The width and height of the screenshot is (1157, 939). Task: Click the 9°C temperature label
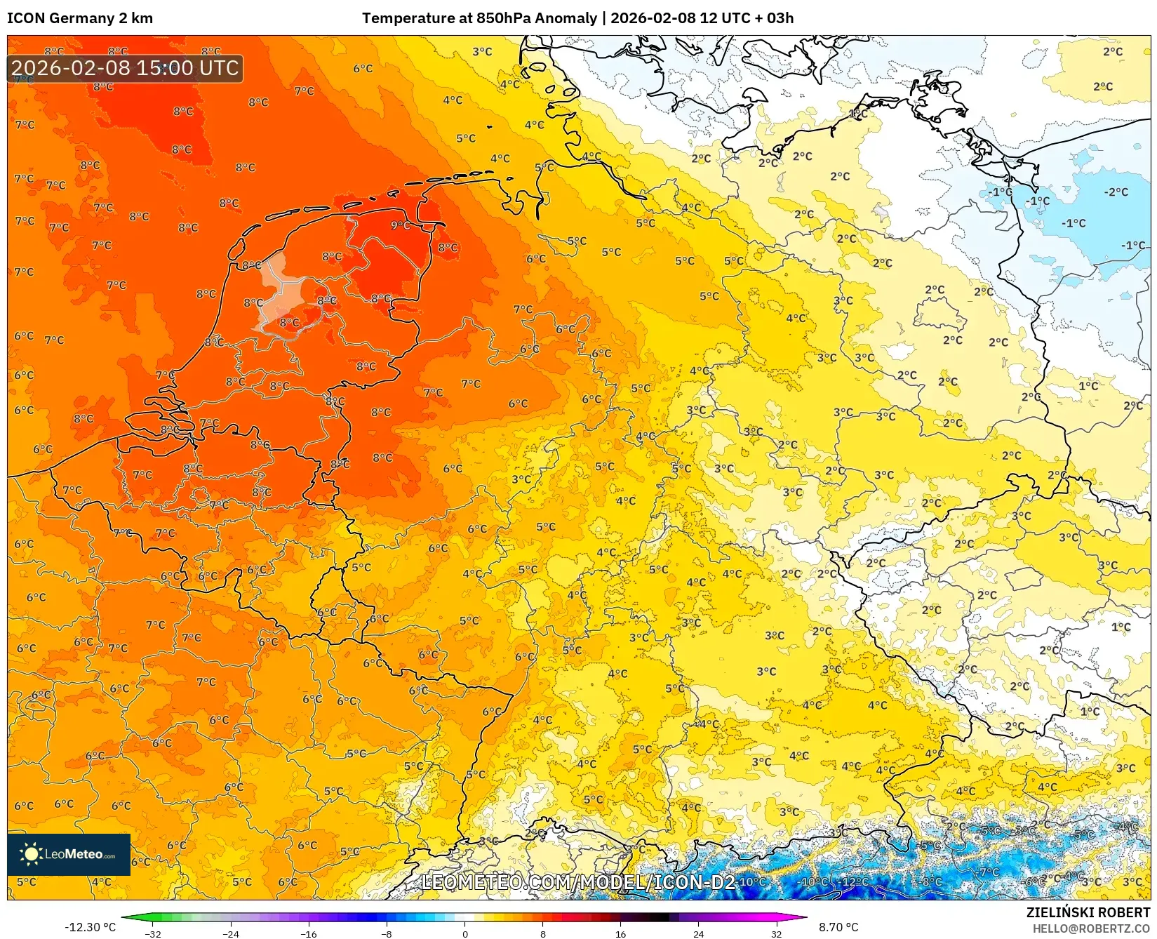(x=401, y=225)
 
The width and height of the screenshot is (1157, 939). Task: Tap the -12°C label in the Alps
(x=855, y=881)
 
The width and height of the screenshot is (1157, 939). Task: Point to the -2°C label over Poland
(x=1116, y=192)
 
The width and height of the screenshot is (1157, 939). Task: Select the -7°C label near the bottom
(x=989, y=872)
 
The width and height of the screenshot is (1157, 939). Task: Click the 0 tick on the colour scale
(x=464, y=933)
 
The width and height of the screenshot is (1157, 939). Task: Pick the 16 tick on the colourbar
(x=620, y=933)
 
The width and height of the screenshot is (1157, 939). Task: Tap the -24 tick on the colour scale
(x=231, y=933)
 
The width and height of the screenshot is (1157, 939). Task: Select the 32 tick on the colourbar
(x=776, y=933)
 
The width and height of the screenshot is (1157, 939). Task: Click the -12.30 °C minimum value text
(x=90, y=927)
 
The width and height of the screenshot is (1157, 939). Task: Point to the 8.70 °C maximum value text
(x=838, y=927)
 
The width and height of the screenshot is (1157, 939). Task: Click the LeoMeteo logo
(x=69, y=854)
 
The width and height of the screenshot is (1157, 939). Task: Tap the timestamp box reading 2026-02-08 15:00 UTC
(x=125, y=68)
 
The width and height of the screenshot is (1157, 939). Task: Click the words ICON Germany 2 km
(x=80, y=18)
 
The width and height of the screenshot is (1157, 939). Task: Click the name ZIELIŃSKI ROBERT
(x=1088, y=912)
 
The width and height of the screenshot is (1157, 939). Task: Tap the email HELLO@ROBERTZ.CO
(x=1090, y=928)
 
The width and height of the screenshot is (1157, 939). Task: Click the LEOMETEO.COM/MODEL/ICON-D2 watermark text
(x=578, y=882)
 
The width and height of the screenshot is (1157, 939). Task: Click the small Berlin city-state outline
(x=939, y=314)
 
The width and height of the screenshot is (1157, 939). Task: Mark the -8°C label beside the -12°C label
(x=932, y=881)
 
